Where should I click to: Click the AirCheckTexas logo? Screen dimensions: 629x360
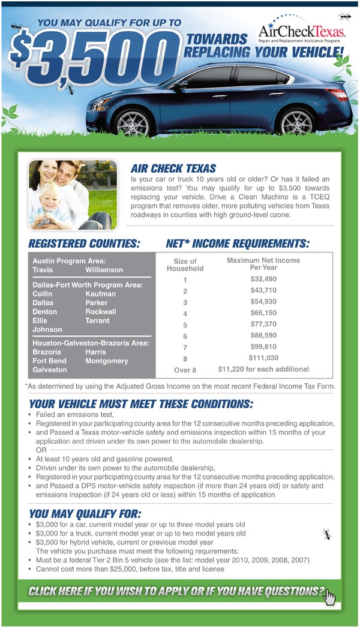click(302, 32)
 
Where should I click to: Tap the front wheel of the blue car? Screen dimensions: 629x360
click(133, 120)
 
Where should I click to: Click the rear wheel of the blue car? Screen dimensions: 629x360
click(296, 119)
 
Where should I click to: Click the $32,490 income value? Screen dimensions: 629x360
click(263, 279)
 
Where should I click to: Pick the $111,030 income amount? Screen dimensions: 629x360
click(263, 357)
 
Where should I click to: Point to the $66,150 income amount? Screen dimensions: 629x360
click(263, 312)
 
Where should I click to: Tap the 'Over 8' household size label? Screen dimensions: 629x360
click(185, 370)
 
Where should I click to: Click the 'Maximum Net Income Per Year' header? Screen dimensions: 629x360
click(263, 264)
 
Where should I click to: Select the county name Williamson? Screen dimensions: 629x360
click(104, 270)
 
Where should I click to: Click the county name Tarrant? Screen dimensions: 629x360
click(98, 321)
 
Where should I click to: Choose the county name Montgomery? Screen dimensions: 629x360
click(107, 361)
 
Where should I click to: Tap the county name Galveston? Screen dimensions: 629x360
click(49, 370)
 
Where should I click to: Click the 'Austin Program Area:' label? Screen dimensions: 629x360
click(69, 261)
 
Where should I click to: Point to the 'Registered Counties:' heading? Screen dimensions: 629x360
click(84, 244)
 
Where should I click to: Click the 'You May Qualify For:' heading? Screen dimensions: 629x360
click(85, 513)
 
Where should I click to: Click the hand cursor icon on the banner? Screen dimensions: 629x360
click(329, 597)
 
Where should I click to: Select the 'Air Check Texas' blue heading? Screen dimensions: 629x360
click(173, 168)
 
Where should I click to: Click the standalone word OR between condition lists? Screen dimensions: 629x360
click(41, 449)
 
